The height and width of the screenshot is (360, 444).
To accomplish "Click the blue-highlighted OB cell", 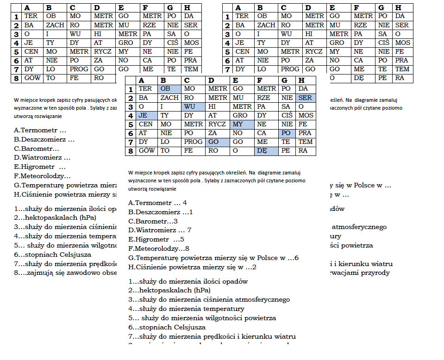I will click(x=169, y=89).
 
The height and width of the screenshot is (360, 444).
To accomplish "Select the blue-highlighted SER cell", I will click(x=306, y=98).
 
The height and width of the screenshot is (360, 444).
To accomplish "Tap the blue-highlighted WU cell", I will click(x=193, y=106).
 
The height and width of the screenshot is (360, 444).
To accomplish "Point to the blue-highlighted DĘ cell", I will click(x=265, y=151).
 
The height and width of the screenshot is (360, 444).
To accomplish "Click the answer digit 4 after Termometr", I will click(x=184, y=203).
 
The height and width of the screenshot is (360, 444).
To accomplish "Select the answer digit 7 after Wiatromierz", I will click(x=189, y=230).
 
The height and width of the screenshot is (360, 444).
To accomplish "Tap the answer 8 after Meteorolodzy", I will click(x=187, y=248).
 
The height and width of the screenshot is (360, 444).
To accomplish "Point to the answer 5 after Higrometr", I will click(x=182, y=239).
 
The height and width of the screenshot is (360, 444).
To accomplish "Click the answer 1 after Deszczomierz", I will click(x=191, y=212).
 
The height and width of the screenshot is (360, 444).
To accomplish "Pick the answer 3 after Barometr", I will click(x=175, y=221).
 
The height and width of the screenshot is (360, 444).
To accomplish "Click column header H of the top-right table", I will click(x=398, y=8).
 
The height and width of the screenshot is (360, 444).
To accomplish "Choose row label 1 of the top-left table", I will click(x=16, y=17).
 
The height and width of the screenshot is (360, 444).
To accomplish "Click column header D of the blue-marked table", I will click(x=212, y=80).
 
